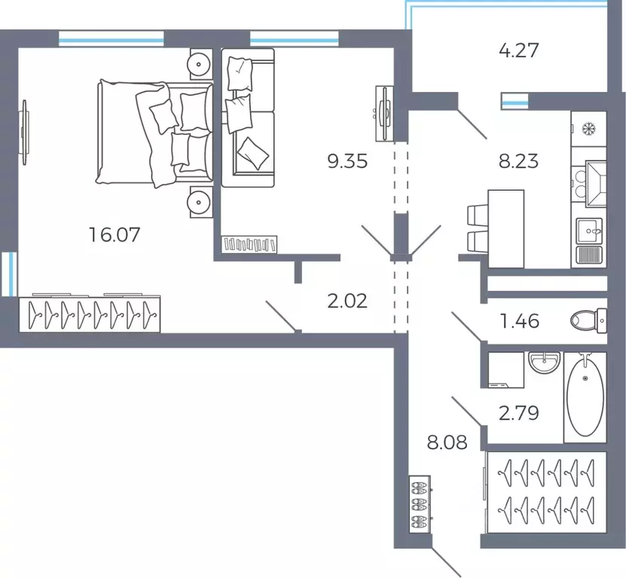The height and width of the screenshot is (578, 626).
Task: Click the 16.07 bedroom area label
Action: click(115, 234)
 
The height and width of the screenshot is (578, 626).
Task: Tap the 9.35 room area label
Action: click(347, 161)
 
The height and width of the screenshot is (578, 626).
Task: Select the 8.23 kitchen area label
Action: click(518, 161)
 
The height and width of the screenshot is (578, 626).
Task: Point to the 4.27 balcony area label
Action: click(519, 50)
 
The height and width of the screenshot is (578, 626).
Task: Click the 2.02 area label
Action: click(347, 301)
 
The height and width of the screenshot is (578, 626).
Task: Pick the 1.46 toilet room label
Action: click(520, 321)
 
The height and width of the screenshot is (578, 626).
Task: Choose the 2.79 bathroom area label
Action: click(519, 413)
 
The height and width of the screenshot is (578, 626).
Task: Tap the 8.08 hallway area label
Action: click(447, 442)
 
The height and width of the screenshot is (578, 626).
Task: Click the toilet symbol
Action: click(588, 320)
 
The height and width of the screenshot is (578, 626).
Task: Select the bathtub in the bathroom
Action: click(585, 397)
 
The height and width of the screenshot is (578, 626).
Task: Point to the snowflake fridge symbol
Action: click(588, 129)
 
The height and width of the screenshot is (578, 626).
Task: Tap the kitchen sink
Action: click(589, 231)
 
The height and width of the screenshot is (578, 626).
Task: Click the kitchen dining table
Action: click(505, 229)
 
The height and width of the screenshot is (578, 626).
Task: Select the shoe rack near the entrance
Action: click(420, 504)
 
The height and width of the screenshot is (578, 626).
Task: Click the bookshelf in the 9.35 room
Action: click(249, 244)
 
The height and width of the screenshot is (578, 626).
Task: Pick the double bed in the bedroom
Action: click(154, 133)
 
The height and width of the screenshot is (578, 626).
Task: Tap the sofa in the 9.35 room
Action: click(248, 118)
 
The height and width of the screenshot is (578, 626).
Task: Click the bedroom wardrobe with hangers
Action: click(90, 314)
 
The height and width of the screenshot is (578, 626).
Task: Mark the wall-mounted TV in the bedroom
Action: click(25, 132)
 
